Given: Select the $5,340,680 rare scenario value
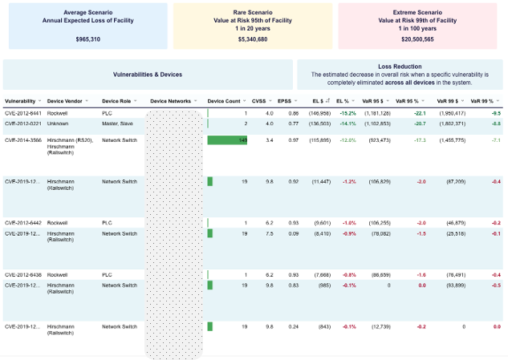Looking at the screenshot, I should [x=253, y=38].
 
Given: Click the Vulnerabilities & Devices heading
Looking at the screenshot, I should [x=148, y=75].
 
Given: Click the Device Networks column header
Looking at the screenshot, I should [x=170, y=101].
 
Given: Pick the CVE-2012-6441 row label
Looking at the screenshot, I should [x=23, y=113].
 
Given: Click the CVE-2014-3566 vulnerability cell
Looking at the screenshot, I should [x=23, y=140].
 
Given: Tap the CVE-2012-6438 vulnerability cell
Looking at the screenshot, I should [x=23, y=274].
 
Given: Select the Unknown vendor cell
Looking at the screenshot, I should [x=58, y=123].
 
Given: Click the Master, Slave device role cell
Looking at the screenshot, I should [x=119, y=123].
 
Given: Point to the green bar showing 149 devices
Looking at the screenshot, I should [x=227, y=140].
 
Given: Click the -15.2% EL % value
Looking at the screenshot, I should [x=346, y=113].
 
